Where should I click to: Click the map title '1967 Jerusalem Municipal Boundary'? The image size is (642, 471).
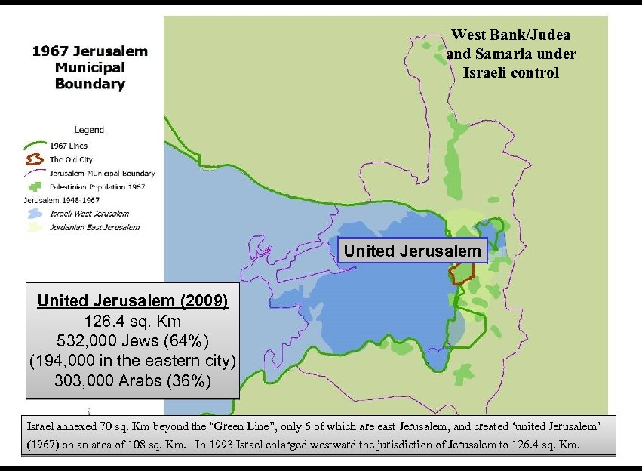coord(90,68)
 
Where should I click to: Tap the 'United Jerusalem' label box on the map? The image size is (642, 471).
coord(413,251)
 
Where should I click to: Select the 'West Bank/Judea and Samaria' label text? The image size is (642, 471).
coord(511,54)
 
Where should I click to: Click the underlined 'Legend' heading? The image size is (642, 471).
coord(89,130)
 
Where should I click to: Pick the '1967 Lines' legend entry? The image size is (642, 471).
coord(68,146)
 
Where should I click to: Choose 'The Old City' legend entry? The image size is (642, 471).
coord(71,159)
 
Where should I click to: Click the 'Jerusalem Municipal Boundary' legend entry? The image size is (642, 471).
coord(102,173)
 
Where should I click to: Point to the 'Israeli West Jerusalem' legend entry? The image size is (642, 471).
coord(89,214)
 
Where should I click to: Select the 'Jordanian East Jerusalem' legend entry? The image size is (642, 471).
coord(94,226)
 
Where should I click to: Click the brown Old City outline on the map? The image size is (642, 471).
coord(461,273)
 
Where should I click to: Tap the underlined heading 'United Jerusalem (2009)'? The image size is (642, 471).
coord(133,301)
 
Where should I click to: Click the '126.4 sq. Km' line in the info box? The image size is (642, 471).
coord(133,321)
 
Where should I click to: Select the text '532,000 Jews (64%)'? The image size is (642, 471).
coord(133,340)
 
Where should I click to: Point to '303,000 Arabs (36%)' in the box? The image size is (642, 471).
coord(133,380)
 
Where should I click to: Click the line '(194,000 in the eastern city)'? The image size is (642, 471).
coord(133,361)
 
